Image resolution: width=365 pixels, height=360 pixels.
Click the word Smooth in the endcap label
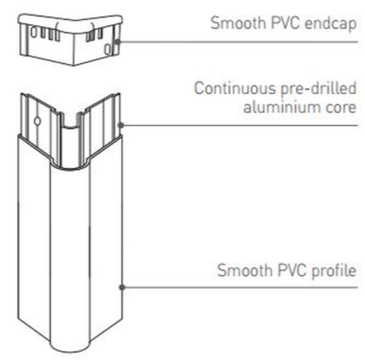238,23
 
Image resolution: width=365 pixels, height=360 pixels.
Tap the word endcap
331,24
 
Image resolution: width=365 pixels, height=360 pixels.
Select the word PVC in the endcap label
285,23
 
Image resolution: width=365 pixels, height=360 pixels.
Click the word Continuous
235,88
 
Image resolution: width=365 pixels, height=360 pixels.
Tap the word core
341,108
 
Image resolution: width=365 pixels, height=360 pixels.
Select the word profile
333,271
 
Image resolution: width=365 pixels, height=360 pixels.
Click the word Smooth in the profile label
245,270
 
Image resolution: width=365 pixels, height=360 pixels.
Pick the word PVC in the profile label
291,270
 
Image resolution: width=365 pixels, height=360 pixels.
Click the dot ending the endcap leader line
118,42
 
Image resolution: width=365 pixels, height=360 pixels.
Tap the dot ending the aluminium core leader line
121,125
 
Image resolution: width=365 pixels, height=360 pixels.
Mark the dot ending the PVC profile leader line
122,287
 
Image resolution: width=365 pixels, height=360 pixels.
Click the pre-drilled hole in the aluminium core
37,122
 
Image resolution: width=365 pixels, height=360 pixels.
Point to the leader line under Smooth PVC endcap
238,42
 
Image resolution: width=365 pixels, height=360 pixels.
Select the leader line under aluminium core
239,125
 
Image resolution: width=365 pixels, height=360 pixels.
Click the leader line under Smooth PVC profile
240,287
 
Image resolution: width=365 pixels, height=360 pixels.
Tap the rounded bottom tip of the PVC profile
71,350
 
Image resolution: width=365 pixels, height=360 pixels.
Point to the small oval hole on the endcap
108,49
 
